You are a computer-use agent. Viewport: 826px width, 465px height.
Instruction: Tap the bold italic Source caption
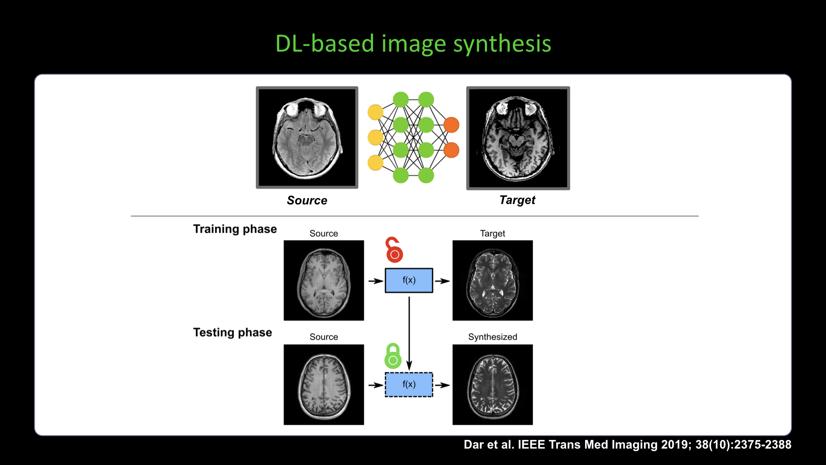coord(307,200)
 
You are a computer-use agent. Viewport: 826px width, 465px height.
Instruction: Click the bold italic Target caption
coord(517,200)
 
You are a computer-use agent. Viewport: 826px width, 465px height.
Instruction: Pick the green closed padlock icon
coord(393,356)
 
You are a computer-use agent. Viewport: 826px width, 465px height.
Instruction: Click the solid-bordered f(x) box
coord(409,280)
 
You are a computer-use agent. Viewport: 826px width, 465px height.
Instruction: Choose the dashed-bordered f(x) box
coord(409,384)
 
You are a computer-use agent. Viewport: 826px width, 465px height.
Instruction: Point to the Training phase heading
coord(235,229)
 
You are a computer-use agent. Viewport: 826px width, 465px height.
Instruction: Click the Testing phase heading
coord(232,332)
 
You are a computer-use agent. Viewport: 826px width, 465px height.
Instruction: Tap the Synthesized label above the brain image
coord(493,337)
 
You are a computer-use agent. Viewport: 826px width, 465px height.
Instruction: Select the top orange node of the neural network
coord(451,125)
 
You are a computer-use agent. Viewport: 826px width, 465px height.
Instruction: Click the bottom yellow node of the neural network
coord(375,163)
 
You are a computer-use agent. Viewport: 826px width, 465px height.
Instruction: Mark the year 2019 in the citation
coord(675,445)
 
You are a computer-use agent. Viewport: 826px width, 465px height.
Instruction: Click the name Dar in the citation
coord(474,445)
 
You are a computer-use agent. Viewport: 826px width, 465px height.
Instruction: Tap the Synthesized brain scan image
coord(493,384)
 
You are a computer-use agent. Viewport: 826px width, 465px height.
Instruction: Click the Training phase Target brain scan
coord(493,280)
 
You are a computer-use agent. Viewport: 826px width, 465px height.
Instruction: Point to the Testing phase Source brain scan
coord(324,384)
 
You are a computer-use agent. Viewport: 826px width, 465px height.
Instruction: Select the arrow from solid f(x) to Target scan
coord(442,281)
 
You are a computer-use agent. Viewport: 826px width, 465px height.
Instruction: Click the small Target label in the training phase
coord(493,233)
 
